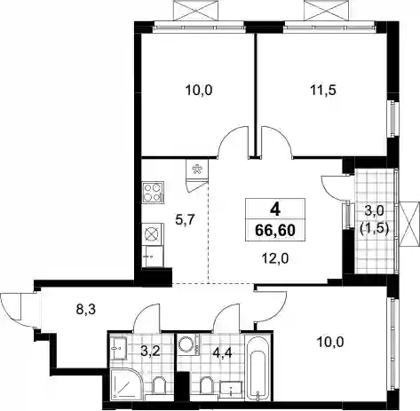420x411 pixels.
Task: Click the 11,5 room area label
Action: pyautogui.click(x=323, y=91)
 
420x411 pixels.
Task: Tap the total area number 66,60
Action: pyautogui.click(x=275, y=230)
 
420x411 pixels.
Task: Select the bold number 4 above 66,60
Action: pyautogui.click(x=275, y=210)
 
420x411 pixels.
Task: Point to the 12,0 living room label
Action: pyautogui.click(x=275, y=259)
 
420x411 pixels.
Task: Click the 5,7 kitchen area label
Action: pyautogui.click(x=185, y=219)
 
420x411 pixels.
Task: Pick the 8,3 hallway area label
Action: pyautogui.click(x=85, y=311)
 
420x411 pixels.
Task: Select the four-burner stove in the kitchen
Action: pyautogui.click(x=153, y=193)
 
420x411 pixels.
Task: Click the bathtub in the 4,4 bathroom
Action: pyautogui.click(x=259, y=368)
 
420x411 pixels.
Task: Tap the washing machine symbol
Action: pyautogui.click(x=189, y=345)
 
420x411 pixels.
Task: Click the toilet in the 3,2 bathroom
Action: pyautogui.click(x=159, y=385)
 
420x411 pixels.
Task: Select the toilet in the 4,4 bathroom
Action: pyautogui.click(x=206, y=385)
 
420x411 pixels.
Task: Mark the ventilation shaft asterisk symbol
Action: pyautogui.click(x=196, y=170)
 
